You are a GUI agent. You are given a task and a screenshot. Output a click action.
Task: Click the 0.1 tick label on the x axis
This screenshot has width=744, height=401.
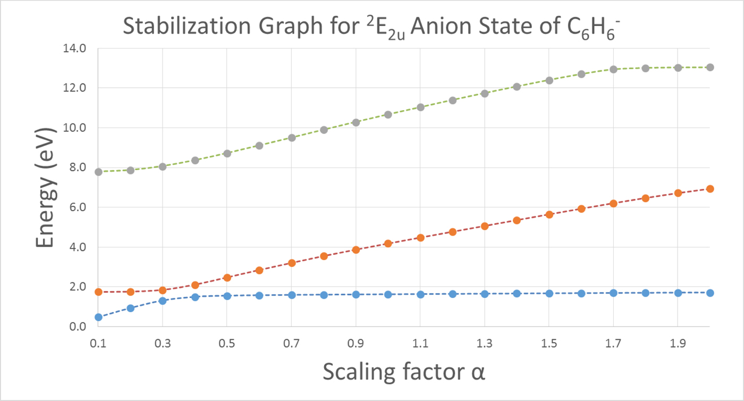coord(98,345)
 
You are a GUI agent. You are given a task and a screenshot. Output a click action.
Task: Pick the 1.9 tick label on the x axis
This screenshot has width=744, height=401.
coord(678,345)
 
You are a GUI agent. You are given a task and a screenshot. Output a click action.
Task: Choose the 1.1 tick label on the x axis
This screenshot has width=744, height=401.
coord(420,345)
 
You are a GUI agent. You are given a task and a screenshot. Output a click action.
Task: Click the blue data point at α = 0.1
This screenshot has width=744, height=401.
coord(98,317)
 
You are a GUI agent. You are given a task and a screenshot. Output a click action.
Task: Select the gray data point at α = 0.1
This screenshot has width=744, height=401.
coord(98,172)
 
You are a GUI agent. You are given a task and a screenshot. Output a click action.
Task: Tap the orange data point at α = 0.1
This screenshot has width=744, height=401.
coord(98,292)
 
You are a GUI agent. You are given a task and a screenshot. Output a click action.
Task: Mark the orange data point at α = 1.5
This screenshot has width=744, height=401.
coord(549,214)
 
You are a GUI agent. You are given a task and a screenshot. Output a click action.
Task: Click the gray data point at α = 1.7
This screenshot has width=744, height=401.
coord(613,69)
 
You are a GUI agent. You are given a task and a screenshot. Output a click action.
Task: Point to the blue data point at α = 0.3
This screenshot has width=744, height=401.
coord(163,301)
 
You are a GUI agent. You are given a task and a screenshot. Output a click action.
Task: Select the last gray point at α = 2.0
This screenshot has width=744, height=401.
coord(710,67)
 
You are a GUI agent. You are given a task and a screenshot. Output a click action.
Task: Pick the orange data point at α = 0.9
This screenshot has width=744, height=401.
coord(356,250)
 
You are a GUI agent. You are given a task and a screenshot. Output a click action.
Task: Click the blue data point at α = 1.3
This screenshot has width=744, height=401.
coord(485,294)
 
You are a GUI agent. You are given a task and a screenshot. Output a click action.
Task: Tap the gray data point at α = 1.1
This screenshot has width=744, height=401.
coord(420,107)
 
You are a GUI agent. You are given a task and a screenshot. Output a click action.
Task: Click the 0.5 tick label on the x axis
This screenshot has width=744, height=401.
coord(227,345)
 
